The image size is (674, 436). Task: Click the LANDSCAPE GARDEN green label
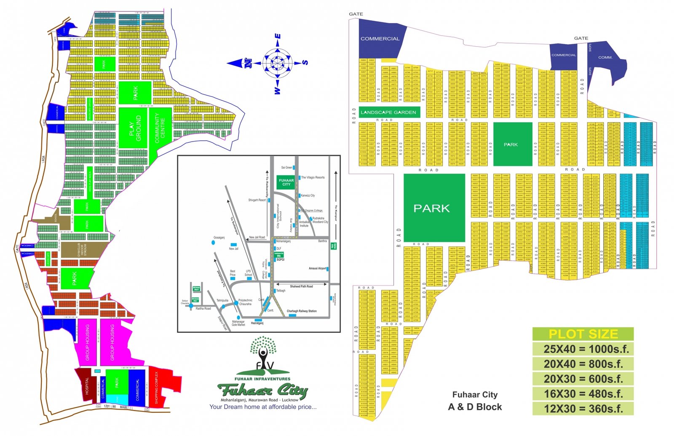[x=388, y=112]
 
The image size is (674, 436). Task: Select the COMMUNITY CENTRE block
[x=160, y=128]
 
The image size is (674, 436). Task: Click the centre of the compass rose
[x=278, y=63]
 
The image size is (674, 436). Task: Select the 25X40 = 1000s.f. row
[x=583, y=349]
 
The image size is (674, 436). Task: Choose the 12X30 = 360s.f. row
[x=583, y=409]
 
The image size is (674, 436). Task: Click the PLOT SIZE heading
[x=583, y=334]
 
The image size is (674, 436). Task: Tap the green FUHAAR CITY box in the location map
[x=286, y=182]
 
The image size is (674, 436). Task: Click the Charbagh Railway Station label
[x=302, y=311]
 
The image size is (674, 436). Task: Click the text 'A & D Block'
[x=475, y=407]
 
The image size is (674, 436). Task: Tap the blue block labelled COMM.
[x=607, y=59]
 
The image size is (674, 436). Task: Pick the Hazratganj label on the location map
[x=257, y=323]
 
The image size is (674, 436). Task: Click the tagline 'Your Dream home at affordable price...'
[x=263, y=407]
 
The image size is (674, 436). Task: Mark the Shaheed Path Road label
[x=301, y=286]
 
